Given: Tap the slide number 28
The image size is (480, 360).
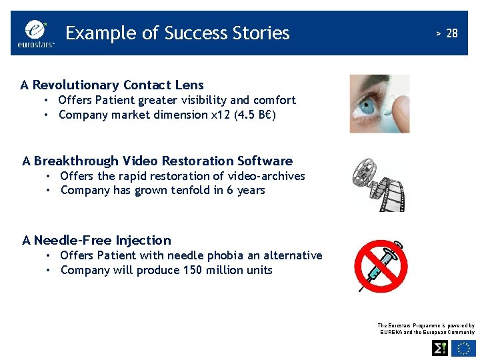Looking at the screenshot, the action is (451, 33).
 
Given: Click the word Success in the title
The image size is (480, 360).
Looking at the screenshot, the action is (197, 33).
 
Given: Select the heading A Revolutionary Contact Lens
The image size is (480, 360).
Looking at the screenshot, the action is (112, 85).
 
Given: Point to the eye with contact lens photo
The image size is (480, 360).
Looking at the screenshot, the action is (379, 103).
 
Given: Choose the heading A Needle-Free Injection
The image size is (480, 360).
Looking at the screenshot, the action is (97, 240).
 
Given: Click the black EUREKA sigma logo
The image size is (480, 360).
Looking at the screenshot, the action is (440, 348).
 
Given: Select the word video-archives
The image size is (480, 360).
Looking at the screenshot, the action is (266, 176).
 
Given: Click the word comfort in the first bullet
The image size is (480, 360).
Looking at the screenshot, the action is (274, 100).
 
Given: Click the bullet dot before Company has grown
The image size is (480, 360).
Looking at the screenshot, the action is (50, 191).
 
